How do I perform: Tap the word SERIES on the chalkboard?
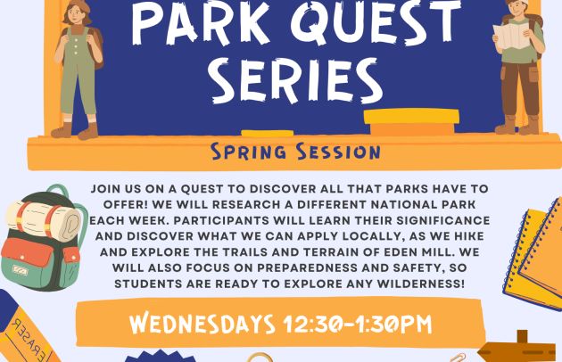click(297, 81)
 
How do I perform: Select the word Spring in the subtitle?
click(248, 152)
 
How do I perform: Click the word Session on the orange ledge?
click(338, 152)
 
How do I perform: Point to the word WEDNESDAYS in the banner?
click(202, 324)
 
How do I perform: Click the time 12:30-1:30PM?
click(358, 325)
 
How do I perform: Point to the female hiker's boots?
click(75, 131)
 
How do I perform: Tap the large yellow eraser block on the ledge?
click(411, 122)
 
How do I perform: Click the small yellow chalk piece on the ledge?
click(268, 134)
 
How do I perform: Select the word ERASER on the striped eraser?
click(28, 338)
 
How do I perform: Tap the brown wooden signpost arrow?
click(517, 350)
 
